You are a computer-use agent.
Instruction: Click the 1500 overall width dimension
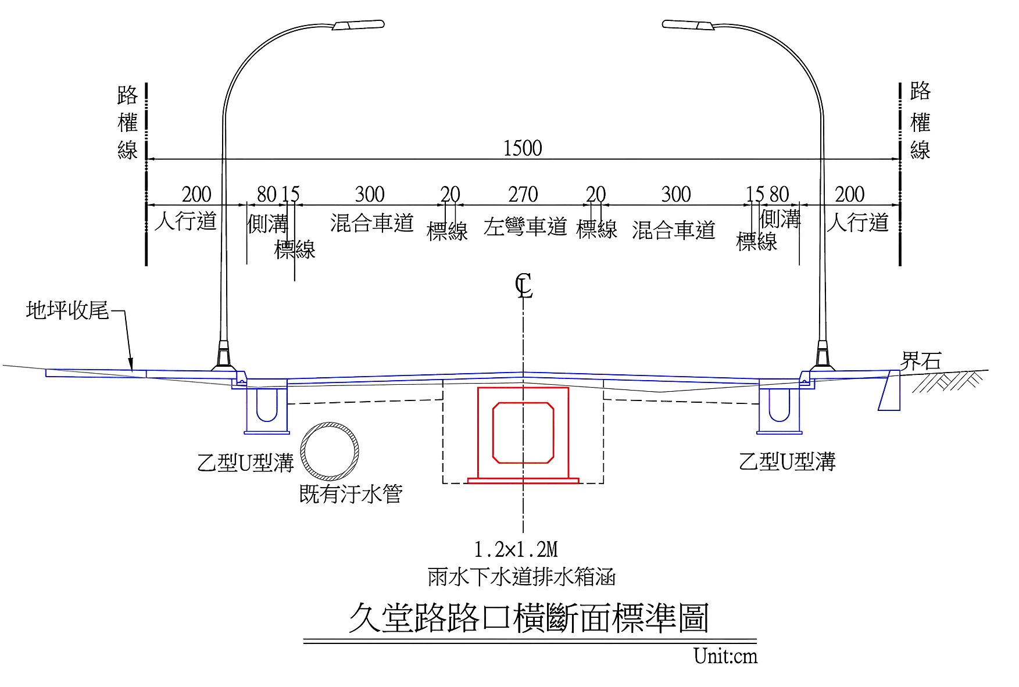[522, 148]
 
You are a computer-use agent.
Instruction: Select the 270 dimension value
[523, 195]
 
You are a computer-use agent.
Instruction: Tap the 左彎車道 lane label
[525, 227]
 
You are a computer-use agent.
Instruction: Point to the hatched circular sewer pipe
[330, 452]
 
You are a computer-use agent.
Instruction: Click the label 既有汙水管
[351, 495]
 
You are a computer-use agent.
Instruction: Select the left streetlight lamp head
[358, 25]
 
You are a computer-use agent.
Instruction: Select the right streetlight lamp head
[688, 25]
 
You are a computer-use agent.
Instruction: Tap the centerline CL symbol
[523, 286]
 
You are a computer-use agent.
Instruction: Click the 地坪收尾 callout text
[67, 310]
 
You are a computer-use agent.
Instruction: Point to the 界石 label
[920, 361]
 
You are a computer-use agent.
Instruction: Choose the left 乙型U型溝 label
[245, 463]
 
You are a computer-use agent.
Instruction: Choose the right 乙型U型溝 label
[787, 461]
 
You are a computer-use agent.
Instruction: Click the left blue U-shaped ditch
[267, 405]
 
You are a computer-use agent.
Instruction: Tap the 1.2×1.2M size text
[516, 549]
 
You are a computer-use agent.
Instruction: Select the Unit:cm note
[725, 656]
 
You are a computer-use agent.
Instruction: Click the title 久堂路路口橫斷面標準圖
[528, 618]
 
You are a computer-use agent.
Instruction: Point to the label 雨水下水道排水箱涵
[521, 577]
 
